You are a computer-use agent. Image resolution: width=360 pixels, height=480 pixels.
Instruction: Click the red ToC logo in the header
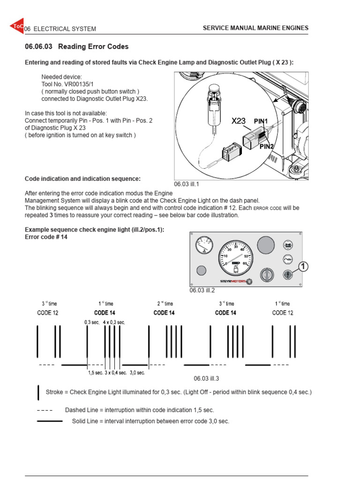[x=16, y=27]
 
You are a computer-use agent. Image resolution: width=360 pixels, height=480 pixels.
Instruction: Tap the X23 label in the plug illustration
[x=239, y=121]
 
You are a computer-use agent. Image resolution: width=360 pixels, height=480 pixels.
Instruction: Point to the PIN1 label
[x=261, y=121]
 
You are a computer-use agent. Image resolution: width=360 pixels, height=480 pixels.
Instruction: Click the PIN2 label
[x=266, y=146]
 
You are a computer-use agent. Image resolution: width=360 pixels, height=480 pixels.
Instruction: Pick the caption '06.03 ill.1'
[x=187, y=184]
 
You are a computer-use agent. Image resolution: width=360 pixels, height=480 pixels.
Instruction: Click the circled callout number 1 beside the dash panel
[x=303, y=267]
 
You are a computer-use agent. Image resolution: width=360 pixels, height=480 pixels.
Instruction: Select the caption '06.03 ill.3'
[x=207, y=378]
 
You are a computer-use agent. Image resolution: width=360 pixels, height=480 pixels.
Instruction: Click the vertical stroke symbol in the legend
[x=38, y=392]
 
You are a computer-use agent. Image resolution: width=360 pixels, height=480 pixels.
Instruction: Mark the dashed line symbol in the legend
[x=45, y=410]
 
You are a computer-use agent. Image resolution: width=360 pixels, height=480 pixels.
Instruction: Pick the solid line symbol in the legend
[x=50, y=421]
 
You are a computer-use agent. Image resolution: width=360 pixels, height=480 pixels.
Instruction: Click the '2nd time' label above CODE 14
[x=165, y=304]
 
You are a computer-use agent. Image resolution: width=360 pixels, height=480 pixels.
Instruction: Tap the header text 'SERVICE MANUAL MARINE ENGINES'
[x=255, y=28]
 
